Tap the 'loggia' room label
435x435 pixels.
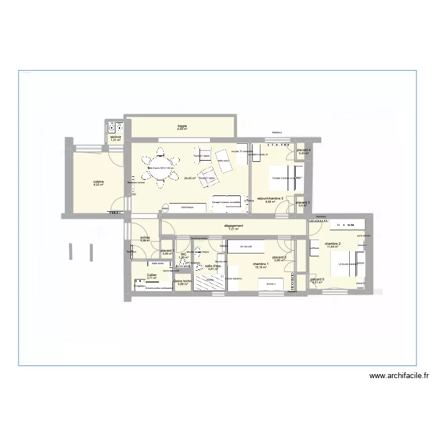[x=182, y=125]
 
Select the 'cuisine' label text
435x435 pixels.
[x=99, y=182]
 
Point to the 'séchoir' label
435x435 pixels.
[x=116, y=137]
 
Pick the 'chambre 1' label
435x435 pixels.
[x=260, y=264]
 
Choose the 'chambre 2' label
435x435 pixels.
[x=332, y=244]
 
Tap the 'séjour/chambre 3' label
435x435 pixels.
[x=270, y=198]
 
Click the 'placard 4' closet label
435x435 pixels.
[x=304, y=150]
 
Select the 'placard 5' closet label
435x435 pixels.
[x=317, y=280]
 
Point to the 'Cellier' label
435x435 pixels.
[x=151, y=275]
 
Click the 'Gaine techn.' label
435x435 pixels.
[x=183, y=280]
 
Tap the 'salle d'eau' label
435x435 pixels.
[x=213, y=266]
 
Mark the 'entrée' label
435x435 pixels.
[x=144, y=237]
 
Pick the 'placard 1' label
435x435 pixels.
[x=168, y=251]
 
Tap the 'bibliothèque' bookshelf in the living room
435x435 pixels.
[x=187, y=207]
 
